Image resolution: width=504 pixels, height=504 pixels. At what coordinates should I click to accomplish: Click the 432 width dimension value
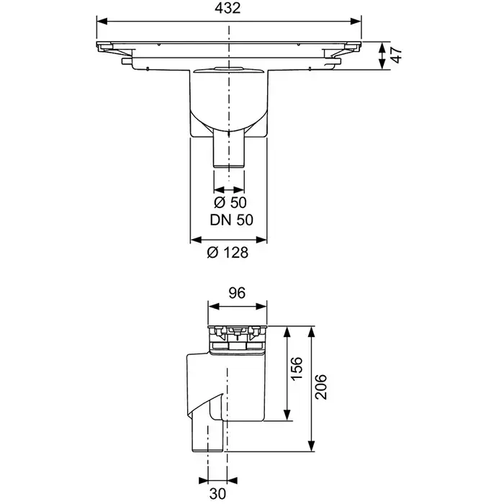point(228,8)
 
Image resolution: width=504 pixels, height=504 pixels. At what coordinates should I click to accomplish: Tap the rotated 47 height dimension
point(397,55)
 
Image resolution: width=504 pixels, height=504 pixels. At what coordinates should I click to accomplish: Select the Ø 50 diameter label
point(230,202)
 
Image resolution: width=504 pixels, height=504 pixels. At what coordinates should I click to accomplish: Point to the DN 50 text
point(231,220)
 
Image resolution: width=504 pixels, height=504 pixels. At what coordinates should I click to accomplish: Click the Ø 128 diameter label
point(228,253)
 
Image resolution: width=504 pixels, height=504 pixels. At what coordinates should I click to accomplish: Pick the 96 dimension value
point(237,293)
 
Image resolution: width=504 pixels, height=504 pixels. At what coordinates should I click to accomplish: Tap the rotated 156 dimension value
point(297,369)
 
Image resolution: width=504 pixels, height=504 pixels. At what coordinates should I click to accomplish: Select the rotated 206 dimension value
point(321,387)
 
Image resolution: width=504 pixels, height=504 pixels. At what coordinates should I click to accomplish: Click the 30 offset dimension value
point(217,493)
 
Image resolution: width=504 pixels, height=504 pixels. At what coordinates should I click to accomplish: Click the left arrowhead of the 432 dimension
point(102,21)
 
